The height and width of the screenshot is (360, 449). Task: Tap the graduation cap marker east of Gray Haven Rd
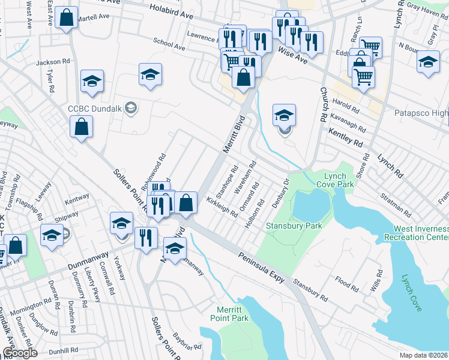428,63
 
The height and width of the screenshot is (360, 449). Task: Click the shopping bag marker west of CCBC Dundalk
81,127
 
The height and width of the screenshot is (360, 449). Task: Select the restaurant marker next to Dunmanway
146,238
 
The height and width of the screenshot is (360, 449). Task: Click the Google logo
20,353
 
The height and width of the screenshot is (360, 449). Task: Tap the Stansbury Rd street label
310,289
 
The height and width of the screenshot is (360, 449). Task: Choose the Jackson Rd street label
49,62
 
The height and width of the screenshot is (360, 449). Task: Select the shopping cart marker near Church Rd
363,77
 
